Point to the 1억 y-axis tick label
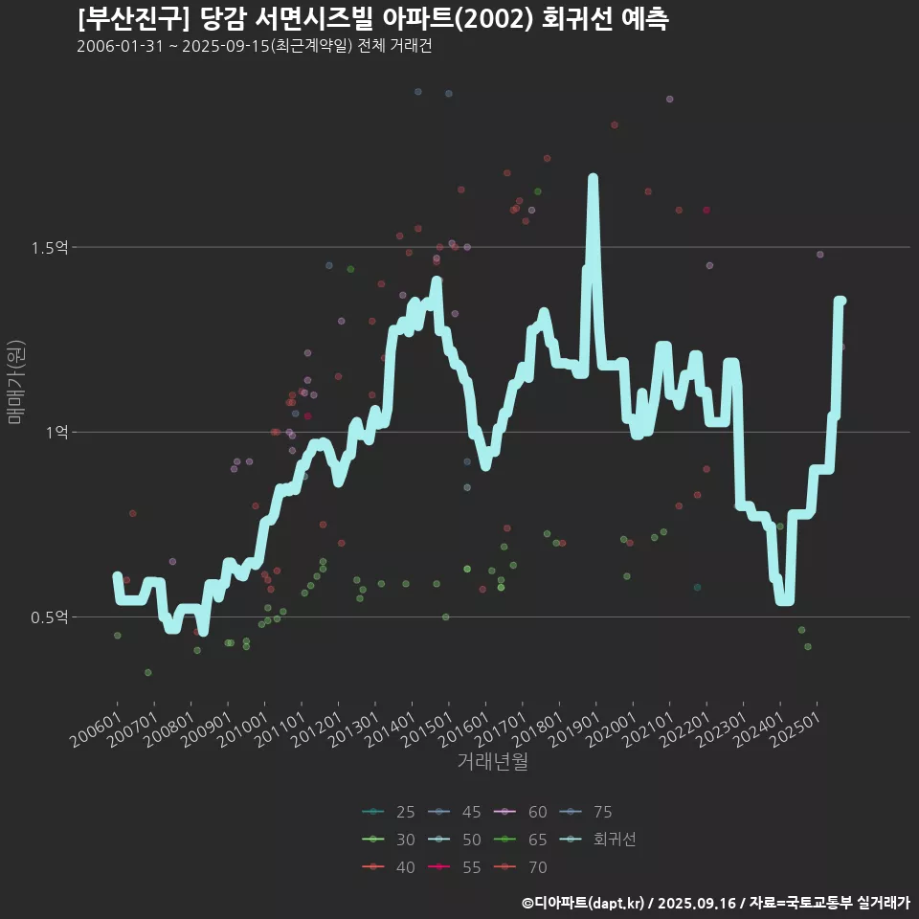[56, 433]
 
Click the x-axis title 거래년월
[493, 762]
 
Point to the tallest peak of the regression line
[593, 179]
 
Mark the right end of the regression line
[841, 301]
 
